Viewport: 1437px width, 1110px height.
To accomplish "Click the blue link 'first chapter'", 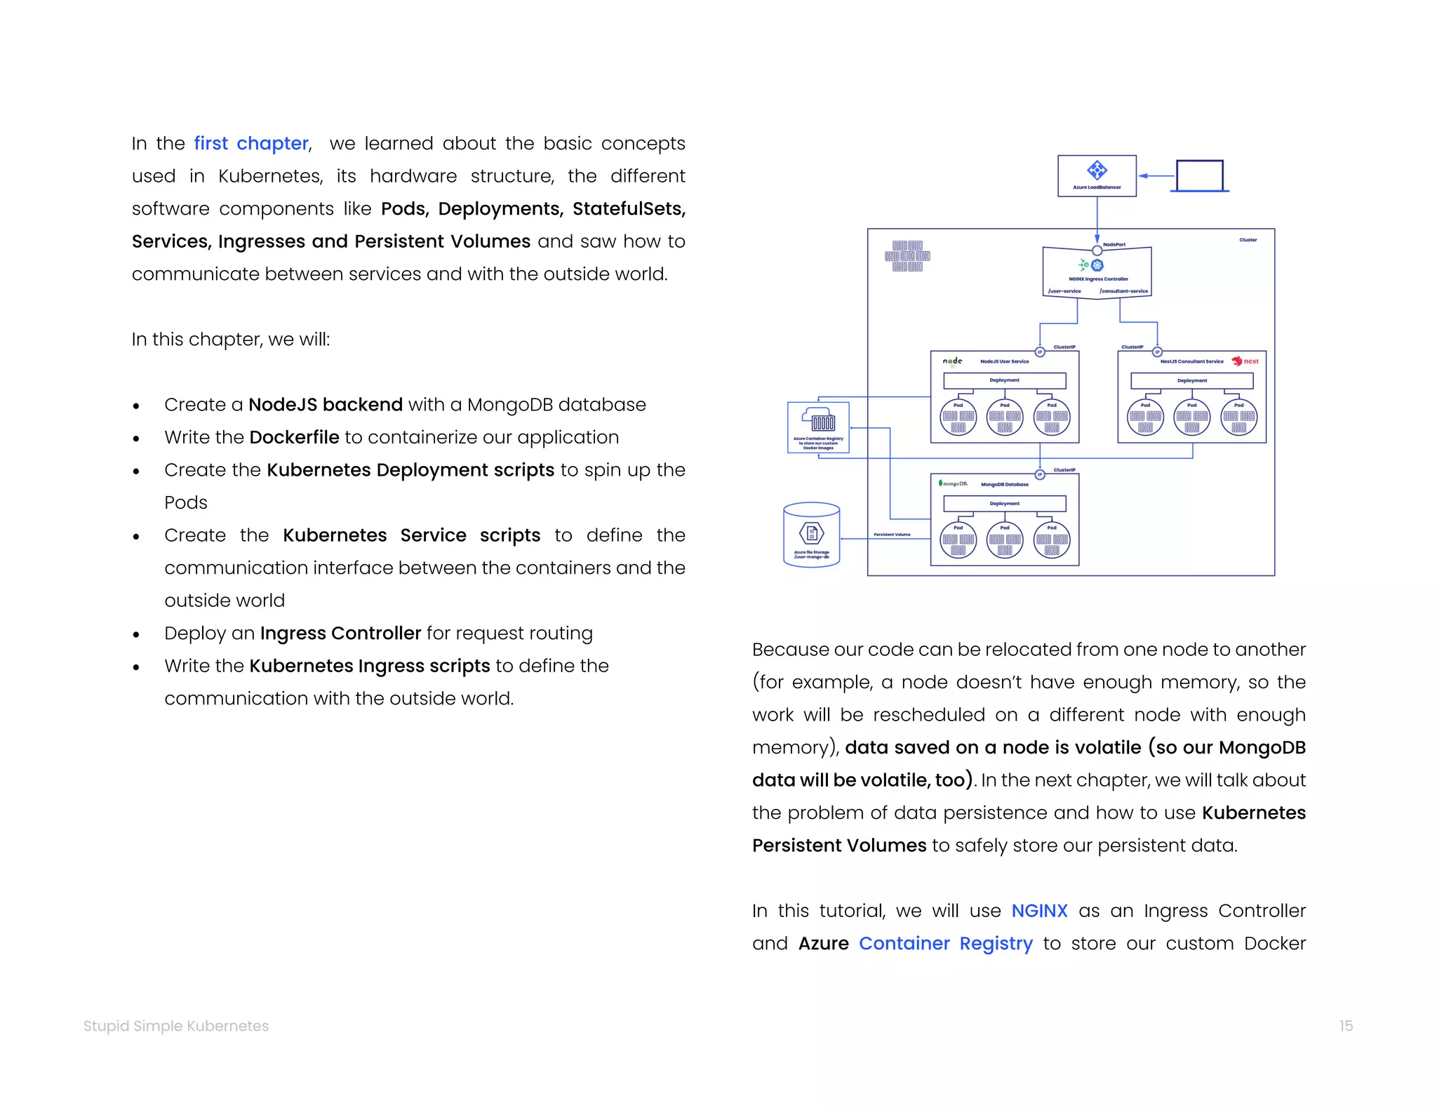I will click(251, 144).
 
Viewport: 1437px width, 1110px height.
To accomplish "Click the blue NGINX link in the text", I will click(1038, 911).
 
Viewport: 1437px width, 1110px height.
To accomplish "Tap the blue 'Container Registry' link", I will click(945, 944).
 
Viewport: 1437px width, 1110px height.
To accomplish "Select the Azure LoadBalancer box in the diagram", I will click(1097, 176).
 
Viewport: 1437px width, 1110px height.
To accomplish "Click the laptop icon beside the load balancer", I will click(1199, 175).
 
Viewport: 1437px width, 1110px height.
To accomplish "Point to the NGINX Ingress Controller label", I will click(1098, 279).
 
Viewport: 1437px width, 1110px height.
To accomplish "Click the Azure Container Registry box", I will click(818, 427).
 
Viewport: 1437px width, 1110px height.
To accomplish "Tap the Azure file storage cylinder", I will click(811, 535).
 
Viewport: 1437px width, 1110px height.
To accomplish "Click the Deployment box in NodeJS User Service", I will click(1004, 380).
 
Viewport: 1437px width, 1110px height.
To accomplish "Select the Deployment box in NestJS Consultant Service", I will click(1191, 381).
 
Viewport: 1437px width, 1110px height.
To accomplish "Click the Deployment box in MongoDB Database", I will click(1004, 504).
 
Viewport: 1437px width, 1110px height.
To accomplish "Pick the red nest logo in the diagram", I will click(1245, 361).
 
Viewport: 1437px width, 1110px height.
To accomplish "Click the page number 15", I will click(1345, 1026).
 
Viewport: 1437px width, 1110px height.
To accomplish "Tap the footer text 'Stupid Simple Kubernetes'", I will click(176, 1026).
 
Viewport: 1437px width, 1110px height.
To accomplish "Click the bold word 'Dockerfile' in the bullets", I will click(294, 438).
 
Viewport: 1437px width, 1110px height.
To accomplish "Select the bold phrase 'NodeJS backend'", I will click(326, 405).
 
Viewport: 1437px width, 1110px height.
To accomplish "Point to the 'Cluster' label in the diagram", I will click(1248, 240).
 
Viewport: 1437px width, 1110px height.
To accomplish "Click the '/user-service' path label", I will click(1064, 291).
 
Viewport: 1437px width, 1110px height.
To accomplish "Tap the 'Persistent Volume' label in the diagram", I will click(892, 535).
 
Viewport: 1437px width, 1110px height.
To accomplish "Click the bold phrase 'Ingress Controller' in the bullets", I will click(340, 634).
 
